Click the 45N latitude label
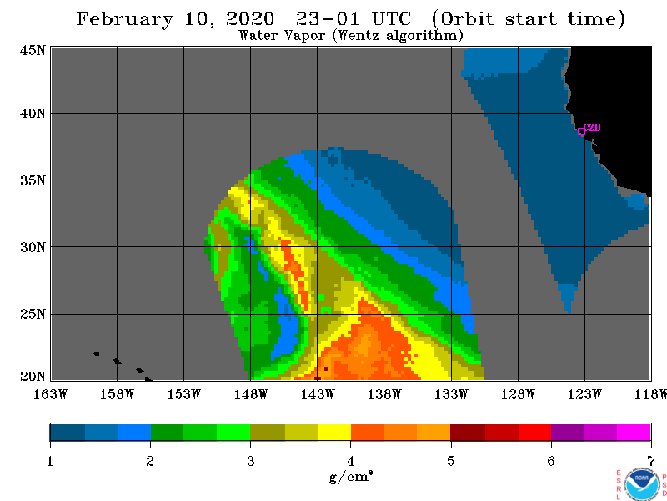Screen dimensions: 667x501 [x=33, y=50]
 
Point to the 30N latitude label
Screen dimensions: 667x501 [x=33, y=247]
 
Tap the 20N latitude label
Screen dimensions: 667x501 [x=33, y=377]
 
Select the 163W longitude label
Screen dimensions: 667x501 [x=50, y=394]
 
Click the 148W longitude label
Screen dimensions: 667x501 [x=251, y=394]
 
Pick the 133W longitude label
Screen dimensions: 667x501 [x=451, y=394]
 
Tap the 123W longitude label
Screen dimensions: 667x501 [x=584, y=394]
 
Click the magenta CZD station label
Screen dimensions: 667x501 [x=592, y=128]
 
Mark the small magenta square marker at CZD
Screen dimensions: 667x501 [x=581, y=132]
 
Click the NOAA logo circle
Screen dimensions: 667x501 [x=641, y=484]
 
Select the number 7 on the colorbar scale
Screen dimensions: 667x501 [x=651, y=461]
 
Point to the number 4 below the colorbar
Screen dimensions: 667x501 [x=350, y=461]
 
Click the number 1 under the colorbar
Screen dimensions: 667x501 [x=50, y=461]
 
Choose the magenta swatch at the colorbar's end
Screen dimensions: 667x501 [x=634, y=432]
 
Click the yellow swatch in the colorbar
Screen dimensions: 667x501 [x=334, y=432]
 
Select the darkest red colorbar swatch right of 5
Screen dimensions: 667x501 [x=468, y=432]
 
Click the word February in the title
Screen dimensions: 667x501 [x=124, y=19]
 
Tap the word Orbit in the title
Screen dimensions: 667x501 [x=463, y=19]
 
